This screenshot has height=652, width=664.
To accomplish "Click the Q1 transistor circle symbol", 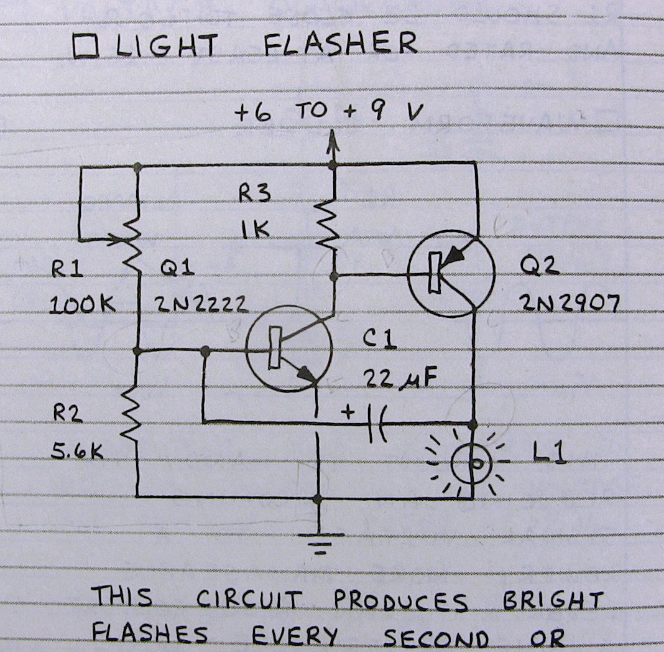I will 289,348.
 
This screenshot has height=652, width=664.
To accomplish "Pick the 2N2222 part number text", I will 201,304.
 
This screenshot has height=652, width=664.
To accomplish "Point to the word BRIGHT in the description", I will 552,601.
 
